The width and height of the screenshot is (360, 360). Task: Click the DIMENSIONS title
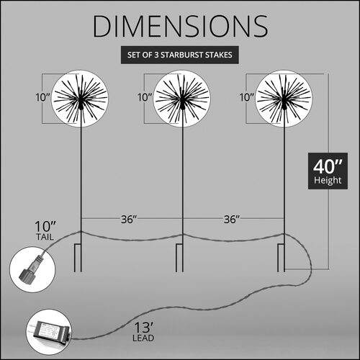point(180,26)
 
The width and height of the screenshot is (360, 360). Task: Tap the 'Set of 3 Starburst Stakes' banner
point(180,55)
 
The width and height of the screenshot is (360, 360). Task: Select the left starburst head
point(80,99)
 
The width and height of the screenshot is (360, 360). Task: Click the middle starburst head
point(182,99)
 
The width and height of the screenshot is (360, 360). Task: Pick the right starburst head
point(284,99)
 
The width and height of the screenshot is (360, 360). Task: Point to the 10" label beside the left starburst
point(42,97)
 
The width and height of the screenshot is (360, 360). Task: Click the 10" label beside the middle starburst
point(145,97)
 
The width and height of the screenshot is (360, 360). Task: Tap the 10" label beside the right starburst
point(247,97)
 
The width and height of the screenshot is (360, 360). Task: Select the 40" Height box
point(328,171)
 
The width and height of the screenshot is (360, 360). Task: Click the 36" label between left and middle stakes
point(129,220)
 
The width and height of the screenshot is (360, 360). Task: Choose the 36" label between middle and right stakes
point(232,220)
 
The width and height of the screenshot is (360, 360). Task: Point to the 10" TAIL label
point(45,230)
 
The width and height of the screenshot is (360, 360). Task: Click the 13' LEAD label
point(143,332)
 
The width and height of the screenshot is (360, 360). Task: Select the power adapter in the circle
point(51,333)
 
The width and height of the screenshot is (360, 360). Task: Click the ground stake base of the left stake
point(78,258)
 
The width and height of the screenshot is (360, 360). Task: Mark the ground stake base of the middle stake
point(180,258)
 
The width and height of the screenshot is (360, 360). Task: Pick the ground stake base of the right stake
point(282,258)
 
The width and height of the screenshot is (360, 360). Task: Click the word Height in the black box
point(328,181)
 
